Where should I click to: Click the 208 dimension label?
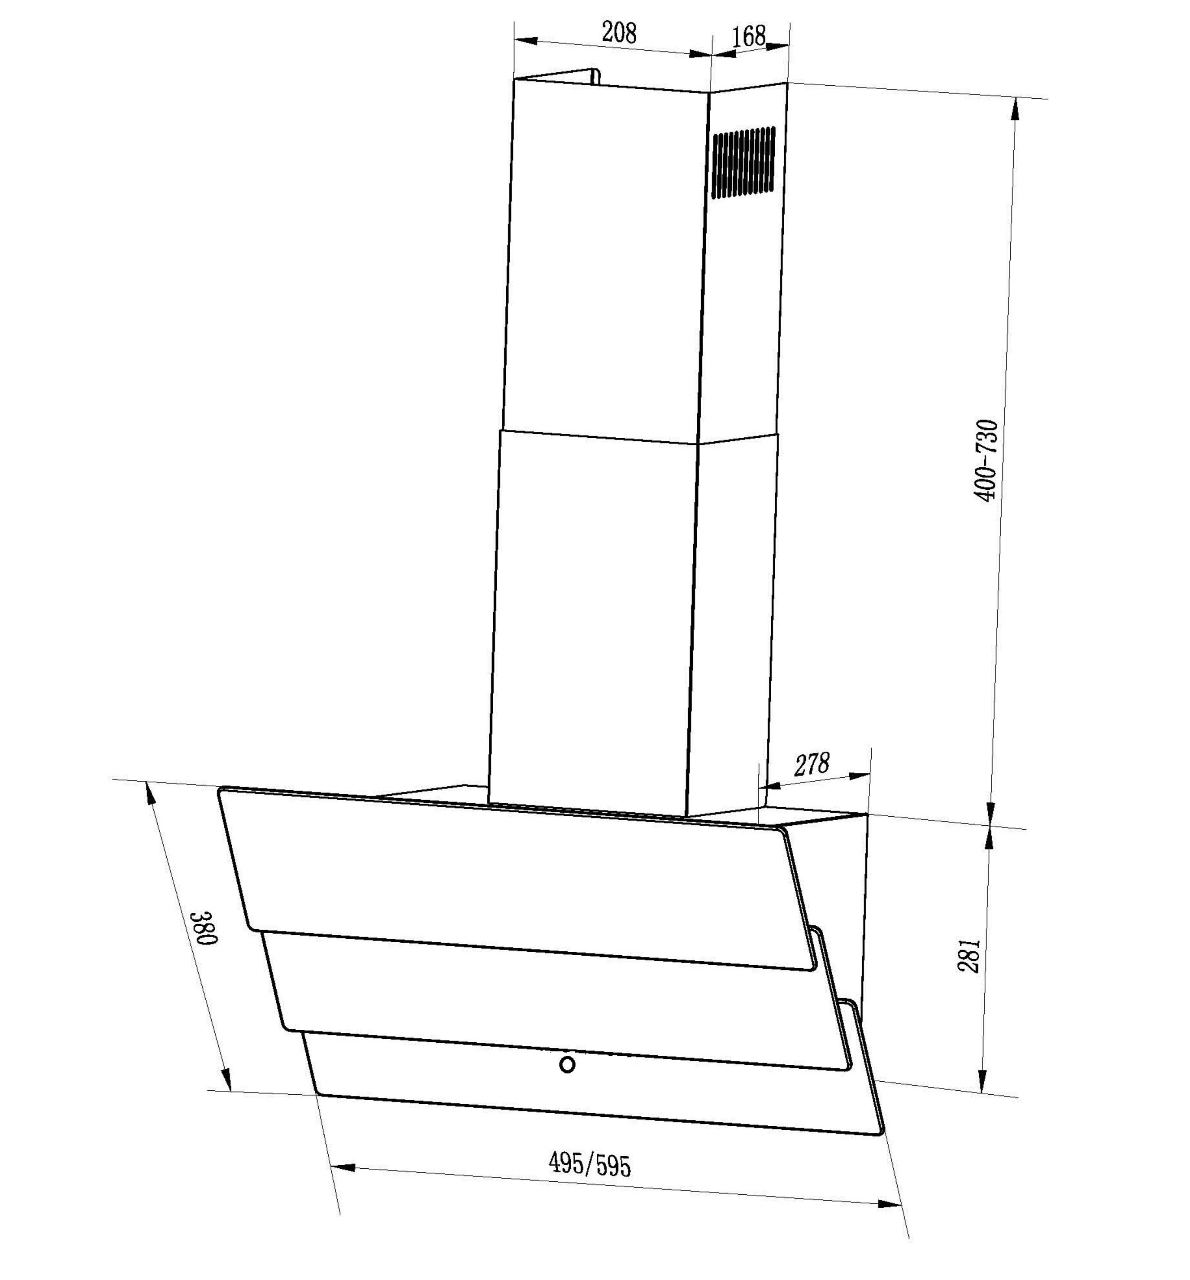click(x=619, y=32)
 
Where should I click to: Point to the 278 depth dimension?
click(x=812, y=765)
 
